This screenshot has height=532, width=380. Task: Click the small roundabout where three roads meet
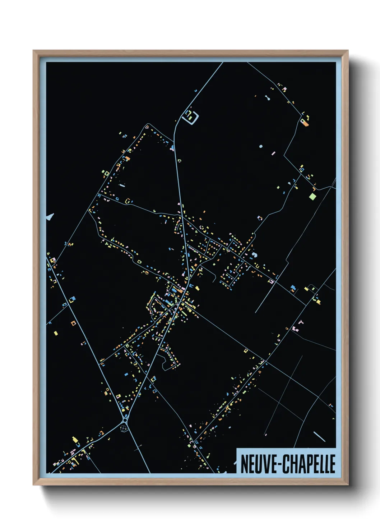(125, 419)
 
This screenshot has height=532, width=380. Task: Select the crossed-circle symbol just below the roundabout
(124, 428)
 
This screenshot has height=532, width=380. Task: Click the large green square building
(312, 197)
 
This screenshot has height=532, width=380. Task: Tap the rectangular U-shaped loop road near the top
(190, 117)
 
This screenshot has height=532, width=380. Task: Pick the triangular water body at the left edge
(50, 217)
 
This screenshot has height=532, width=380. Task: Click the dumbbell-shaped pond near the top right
(267, 97)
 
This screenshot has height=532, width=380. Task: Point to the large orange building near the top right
(305, 123)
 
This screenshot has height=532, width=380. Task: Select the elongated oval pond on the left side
(122, 185)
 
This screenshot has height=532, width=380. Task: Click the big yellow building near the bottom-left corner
(75, 439)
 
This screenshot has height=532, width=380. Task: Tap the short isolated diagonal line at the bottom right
(319, 436)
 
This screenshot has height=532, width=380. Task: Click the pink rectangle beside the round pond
(273, 153)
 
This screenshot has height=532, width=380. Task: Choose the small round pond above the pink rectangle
(261, 146)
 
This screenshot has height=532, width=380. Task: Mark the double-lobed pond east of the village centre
(254, 255)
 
